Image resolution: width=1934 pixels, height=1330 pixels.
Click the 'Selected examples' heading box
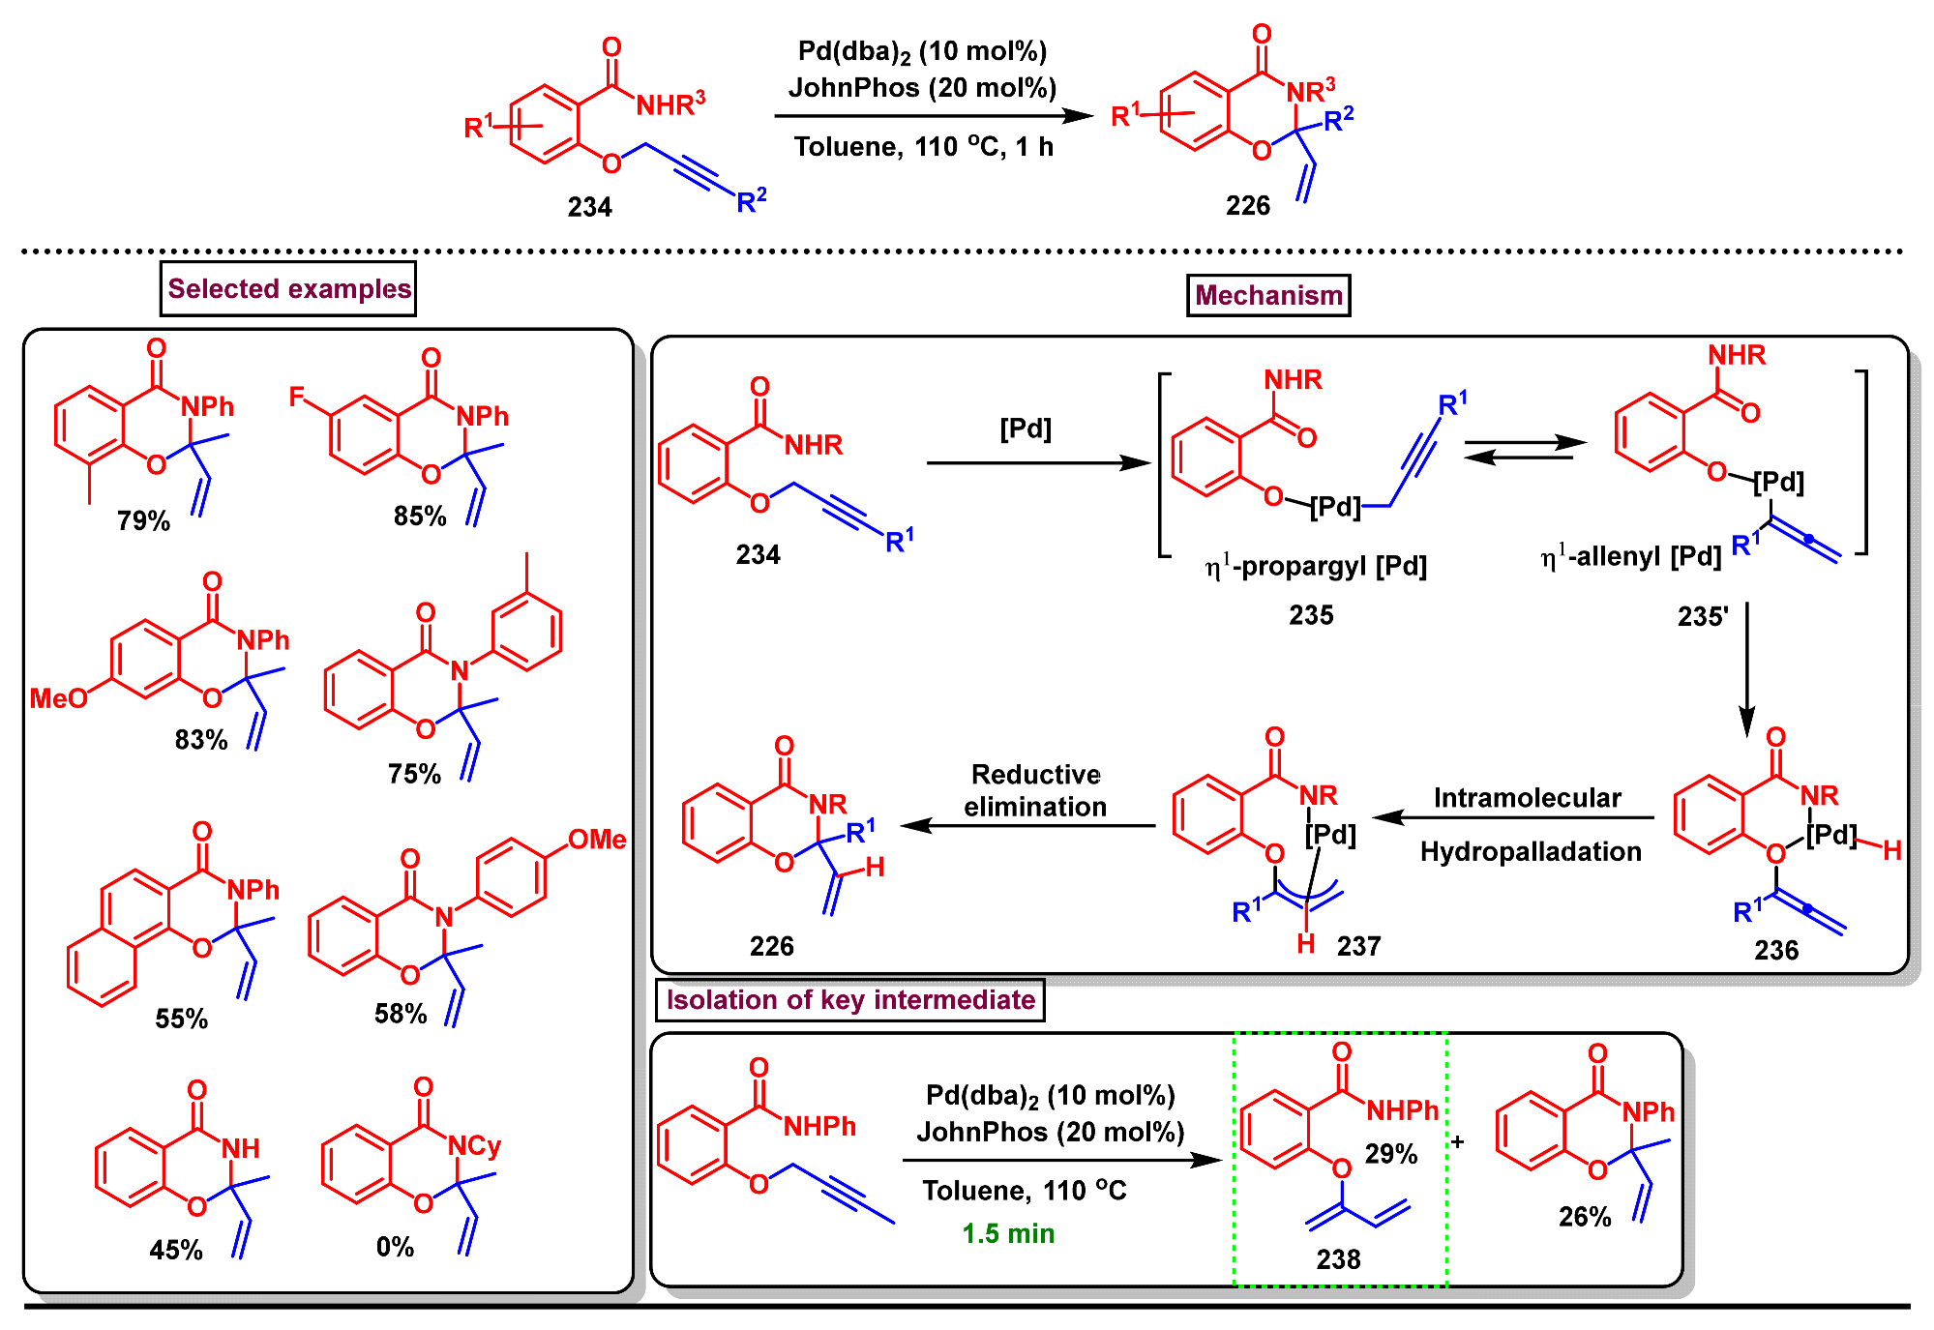pos(288,289)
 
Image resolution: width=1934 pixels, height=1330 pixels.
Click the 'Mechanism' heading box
pos(1268,295)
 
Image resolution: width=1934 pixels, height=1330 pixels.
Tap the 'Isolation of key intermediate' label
pos(850,1000)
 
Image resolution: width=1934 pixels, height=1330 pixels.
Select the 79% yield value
pos(143,521)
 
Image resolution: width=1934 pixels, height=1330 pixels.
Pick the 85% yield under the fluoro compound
pos(420,517)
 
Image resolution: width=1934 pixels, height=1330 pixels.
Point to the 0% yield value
pos(395,1247)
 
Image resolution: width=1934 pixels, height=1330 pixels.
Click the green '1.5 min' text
pos(1008,1234)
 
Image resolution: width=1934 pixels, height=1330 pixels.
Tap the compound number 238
pos(1338,1259)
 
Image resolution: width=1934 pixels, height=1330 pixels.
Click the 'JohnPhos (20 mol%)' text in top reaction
pos(922,88)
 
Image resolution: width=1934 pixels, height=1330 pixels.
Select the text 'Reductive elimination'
pos(1035,790)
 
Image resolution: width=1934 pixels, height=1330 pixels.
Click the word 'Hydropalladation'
pos(1531,852)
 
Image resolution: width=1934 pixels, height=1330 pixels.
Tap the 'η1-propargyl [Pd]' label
pos(1316,566)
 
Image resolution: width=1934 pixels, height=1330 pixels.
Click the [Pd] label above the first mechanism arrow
pos(1026,429)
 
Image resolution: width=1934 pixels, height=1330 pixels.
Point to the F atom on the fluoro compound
pos(297,398)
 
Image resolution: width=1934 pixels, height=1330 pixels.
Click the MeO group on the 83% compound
pos(58,698)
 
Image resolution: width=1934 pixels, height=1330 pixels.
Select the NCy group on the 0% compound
pos(474,1146)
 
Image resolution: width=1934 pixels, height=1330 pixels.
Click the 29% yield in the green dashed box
pos(1391,1154)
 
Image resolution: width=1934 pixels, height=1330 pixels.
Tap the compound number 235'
pos(1703,617)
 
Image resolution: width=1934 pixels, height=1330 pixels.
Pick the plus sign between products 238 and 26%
pos(1457,1142)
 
